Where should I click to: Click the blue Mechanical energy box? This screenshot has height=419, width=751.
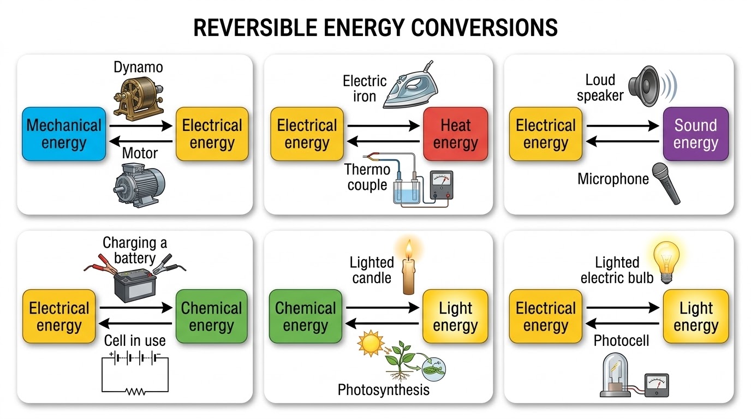tap(64, 134)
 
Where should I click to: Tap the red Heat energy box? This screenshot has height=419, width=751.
tap(455, 134)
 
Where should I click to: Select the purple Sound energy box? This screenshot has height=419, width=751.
tap(695, 134)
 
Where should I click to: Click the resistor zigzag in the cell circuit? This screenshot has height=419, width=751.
tap(134, 391)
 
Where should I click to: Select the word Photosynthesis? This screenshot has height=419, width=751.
tap(383, 390)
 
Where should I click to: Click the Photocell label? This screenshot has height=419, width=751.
tap(621, 341)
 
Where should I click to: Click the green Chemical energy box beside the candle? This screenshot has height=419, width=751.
tap(305, 316)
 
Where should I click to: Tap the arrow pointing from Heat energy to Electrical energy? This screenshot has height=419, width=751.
tap(384, 143)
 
